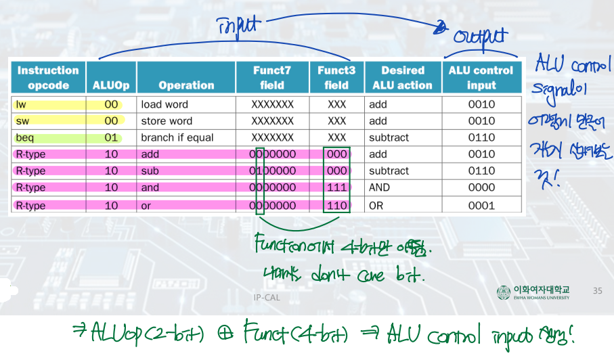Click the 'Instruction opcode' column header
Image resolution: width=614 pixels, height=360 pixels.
[x=48, y=78]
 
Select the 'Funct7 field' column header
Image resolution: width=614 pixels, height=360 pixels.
[x=273, y=78]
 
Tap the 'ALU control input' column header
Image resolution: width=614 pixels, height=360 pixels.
[x=481, y=78]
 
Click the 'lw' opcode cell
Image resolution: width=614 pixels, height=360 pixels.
[x=22, y=105]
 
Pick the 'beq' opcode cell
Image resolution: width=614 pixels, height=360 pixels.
[x=25, y=138]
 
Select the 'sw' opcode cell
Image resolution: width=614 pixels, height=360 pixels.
[x=22, y=121]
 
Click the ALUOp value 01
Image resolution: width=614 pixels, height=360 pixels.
[x=112, y=138]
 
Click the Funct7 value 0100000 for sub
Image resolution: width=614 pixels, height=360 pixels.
[x=273, y=171]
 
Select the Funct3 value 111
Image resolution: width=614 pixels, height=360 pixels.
[x=336, y=187]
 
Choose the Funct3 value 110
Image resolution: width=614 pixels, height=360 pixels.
[x=336, y=205]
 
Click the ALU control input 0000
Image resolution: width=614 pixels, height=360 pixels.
[x=481, y=187]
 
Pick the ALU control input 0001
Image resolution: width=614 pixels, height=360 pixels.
[x=481, y=205]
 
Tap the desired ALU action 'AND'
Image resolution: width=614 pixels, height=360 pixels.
[x=380, y=187]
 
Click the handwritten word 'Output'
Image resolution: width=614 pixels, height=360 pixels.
[x=479, y=37]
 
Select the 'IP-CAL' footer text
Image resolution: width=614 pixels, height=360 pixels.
[x=266, y=297]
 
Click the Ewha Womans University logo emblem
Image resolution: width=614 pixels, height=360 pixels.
[x=504, y=292]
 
